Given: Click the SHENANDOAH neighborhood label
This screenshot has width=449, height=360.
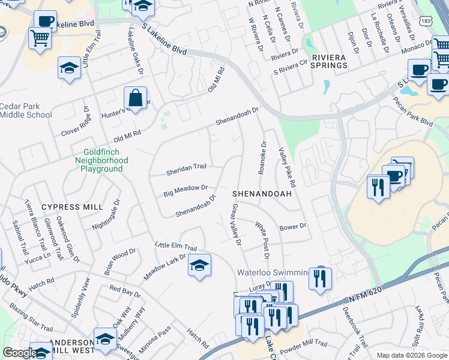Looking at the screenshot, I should tap(262, 194).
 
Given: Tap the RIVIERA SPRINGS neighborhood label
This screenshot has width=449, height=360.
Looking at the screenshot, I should tap(329, 62).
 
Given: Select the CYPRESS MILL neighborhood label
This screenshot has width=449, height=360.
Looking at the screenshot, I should tap(72, 207).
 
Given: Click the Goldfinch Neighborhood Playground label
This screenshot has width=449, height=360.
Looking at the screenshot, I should tap(101, 161).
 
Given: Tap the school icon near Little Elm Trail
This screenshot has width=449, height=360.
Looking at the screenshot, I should tap(199, 265).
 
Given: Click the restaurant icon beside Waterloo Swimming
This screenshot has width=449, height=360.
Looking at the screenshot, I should tap(319, 278).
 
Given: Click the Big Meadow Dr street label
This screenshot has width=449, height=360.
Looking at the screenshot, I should tap(185, 190).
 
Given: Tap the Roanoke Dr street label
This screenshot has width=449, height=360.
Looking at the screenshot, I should tap(262, 158).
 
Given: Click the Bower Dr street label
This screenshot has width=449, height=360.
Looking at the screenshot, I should tap(293, 227).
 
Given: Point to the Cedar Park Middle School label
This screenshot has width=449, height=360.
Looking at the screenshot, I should tap(25, 110).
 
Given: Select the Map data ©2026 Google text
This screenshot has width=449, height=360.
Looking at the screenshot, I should tap(411, 355).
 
